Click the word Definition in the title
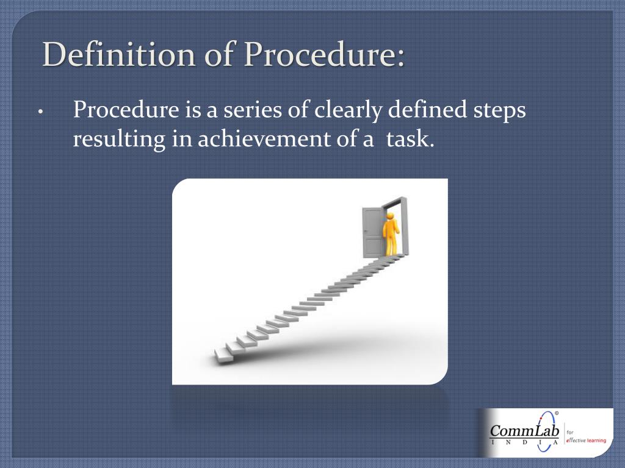(x=119, y=54)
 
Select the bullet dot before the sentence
(x=40, y=112)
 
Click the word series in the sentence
(x=253, y=110)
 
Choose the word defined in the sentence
(x=427, y=109)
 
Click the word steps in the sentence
(x=499, y=111)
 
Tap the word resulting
(x=119, y=140)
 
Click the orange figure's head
(x=390, y=216)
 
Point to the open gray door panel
(x=373, y=232)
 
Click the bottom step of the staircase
(x=224, y=355)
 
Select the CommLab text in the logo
(x=524, y=431)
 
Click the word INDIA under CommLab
(x=524, y=442)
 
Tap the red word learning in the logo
(x=596, y=441)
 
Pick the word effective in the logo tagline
(x=576, y=440)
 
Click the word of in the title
(x=219, y=54)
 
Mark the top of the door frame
(x=395, y=202)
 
